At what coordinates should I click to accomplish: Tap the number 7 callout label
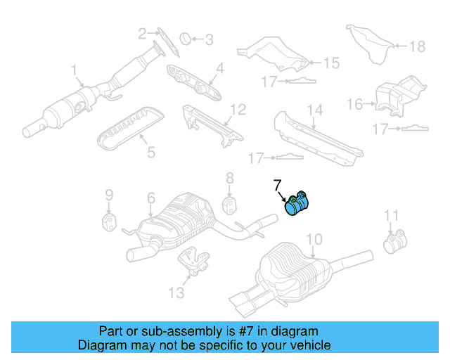pyautogui.click(x=277, y=185)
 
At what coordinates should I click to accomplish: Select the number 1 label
pyautogui.click(x=74, y=70)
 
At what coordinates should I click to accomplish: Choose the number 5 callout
pyautogui.click(x=150, y=150)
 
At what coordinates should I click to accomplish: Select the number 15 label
pyautogui.click(x=330, y=63)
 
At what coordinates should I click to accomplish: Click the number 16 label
pyautogui.click(x=356, y=105)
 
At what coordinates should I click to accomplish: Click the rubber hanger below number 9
pyautogui.click(x=109, y=223)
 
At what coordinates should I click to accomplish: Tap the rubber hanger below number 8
pyautogui.click(x=230, y=205)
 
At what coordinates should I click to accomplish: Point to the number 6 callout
pyautogui.click(x=150, y=200)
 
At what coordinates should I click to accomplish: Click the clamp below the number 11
pyautogui.click(x=394, y=243)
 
